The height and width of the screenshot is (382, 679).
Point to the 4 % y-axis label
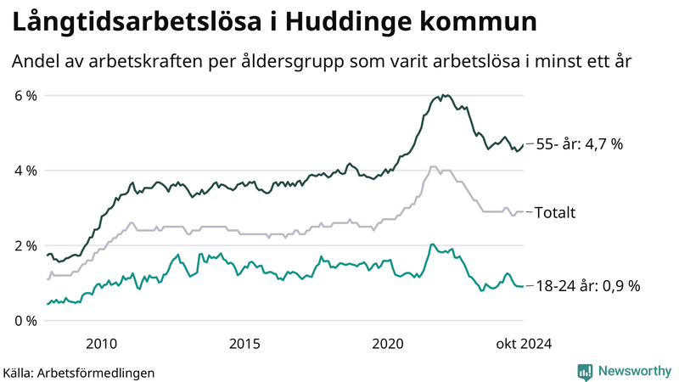(x=24, y=171)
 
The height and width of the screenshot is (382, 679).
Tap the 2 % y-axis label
(x=24, y=245)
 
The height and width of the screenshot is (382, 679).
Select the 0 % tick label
(x=24, y=321)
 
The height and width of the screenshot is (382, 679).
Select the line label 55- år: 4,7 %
(x=580, y=144)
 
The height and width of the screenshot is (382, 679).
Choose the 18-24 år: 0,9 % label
(x=587, y=286)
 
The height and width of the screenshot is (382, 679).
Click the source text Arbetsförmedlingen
(x=97, y=372)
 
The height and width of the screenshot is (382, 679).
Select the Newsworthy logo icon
(x=585, y=371)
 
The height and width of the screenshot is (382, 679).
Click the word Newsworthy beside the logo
(x=633, y=371)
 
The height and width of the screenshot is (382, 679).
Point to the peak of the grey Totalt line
(x=434, y=167)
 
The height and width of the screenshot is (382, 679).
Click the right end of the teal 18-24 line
(x=522, y=287)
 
